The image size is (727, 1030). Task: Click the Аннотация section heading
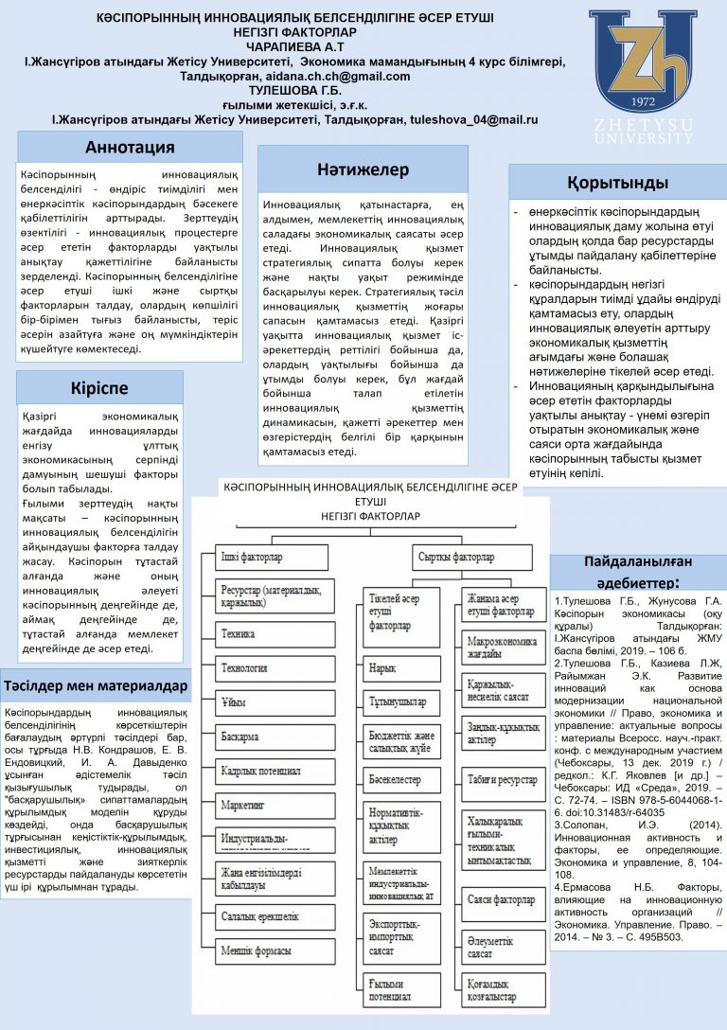tap(130, 147)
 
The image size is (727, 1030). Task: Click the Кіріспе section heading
tap(98, 388)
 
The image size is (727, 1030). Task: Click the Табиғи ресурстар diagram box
tap(502, 779)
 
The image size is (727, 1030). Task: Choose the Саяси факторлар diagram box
tap(502, 899)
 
